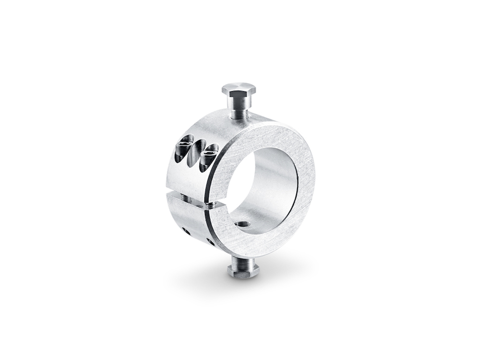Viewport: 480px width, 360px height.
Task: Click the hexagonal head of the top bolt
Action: coord(239,89)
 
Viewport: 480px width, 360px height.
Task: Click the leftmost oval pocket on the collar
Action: coord(184,148)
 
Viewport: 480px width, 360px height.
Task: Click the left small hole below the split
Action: coord(185,231)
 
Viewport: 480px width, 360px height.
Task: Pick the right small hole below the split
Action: coord(209,240)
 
